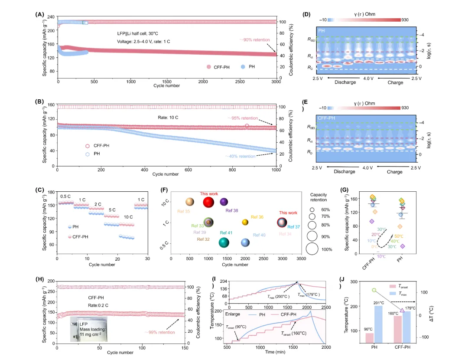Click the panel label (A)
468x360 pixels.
click(x=39, y=14)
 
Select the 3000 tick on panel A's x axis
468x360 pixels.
click(x=276, y=82)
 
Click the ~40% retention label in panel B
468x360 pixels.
click(x=240, y=156)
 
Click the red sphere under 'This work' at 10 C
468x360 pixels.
click(x=209, y=202)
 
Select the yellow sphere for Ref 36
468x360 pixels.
click(x=245, y=222)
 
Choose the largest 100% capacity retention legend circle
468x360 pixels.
click(x=312, y=249)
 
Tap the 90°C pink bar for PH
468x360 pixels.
click(x=369, y=338)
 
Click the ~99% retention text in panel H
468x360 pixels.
click(x=159, y=332)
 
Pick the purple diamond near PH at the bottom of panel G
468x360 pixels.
click(x=403, y=246)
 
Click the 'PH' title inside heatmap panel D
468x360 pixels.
click(x=322, y=31)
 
